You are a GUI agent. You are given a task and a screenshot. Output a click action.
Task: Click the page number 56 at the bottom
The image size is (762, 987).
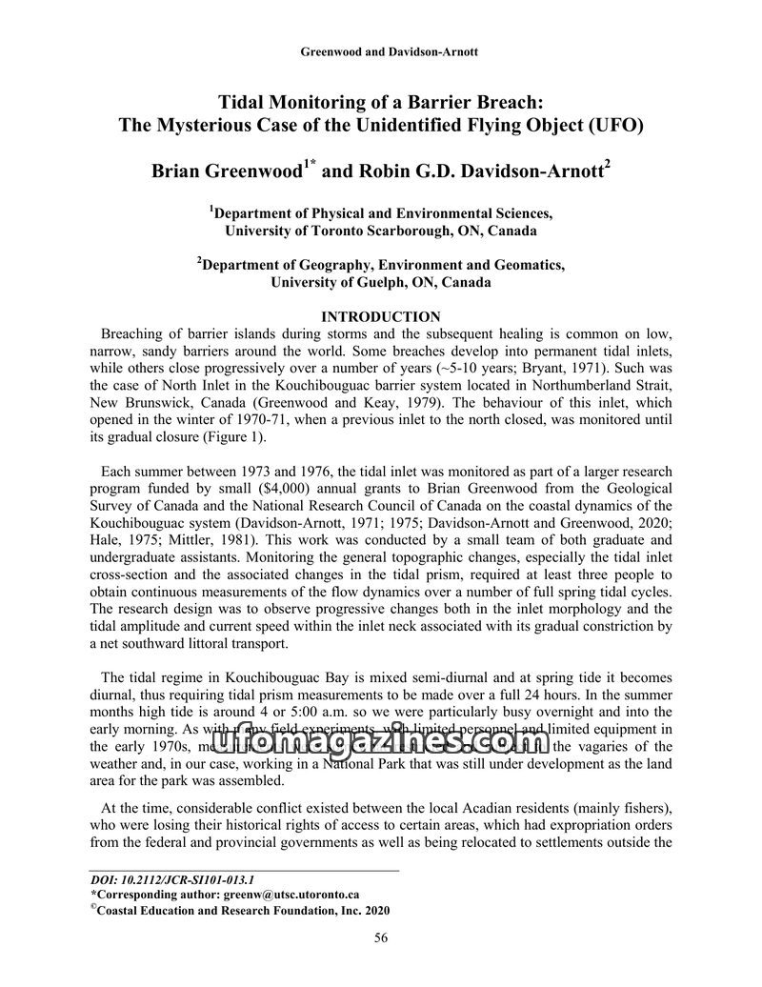coord(381,938)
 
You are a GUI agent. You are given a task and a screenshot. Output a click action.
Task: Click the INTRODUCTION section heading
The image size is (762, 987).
coord(381,316)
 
